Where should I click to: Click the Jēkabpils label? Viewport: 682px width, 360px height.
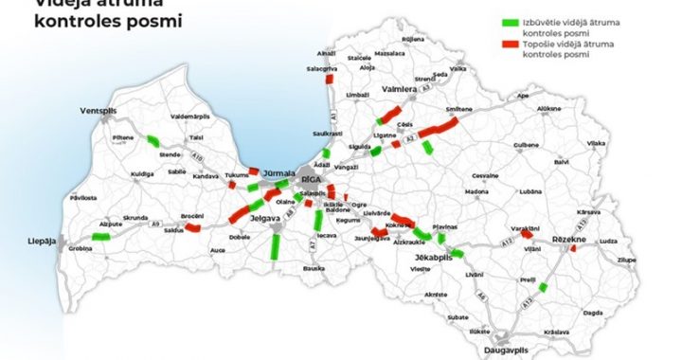click(x=433, y=257)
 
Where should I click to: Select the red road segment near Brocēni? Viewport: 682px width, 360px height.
click(x=193, y=227)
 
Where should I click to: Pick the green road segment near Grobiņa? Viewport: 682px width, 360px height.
click(x=98, y=237)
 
